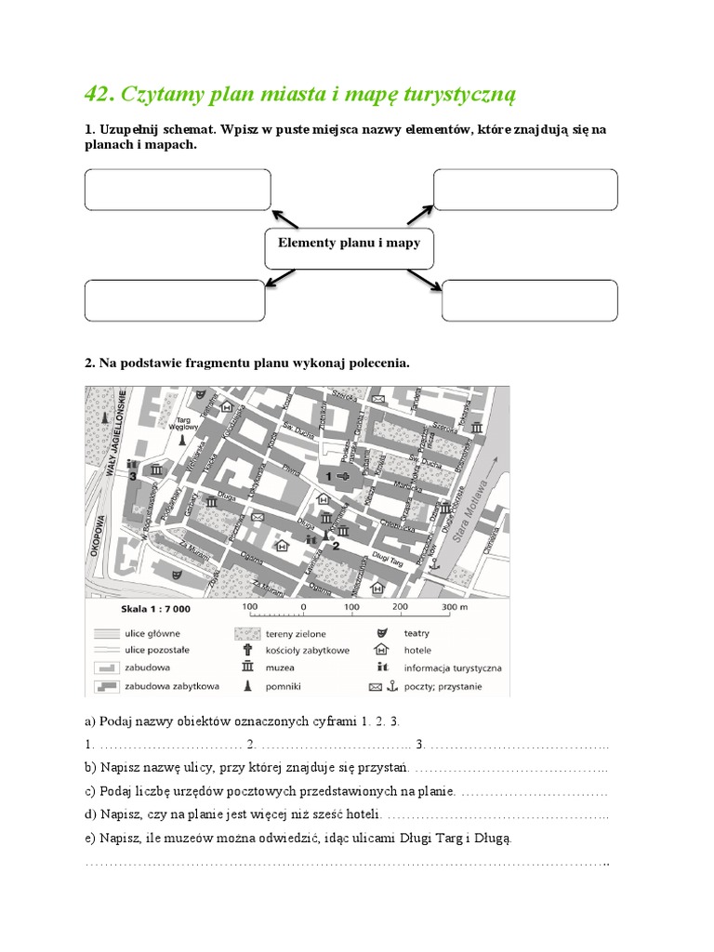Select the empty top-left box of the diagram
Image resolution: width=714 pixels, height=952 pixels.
point(178,190)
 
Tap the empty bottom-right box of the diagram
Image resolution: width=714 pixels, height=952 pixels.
point(529,300)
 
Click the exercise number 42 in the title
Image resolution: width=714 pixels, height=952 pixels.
point(98,94)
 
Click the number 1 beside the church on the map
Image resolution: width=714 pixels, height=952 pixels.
point(328,476)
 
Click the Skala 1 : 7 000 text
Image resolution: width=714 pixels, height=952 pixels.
point(155,610)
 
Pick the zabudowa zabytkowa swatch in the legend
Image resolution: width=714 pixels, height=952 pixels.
point(104,686)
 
